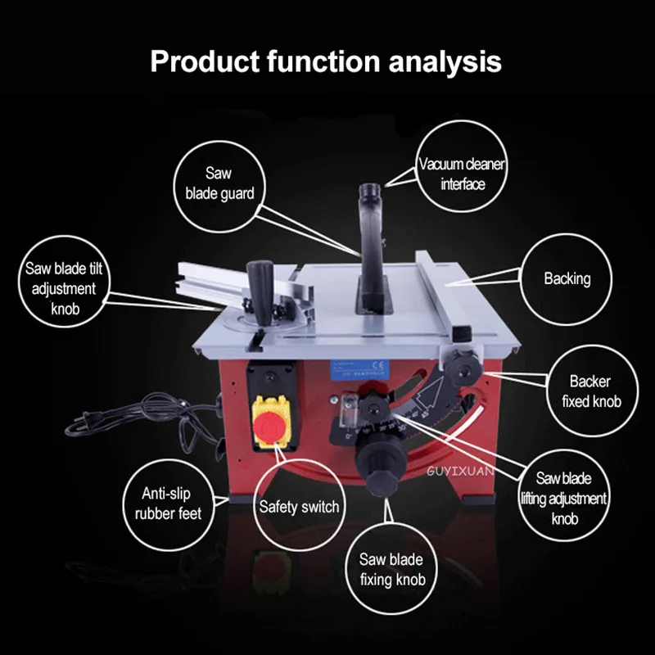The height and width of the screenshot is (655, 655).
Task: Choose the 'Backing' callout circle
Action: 567,279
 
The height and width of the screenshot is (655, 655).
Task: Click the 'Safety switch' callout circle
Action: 299,507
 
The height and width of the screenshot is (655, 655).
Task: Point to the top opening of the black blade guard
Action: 366,192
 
